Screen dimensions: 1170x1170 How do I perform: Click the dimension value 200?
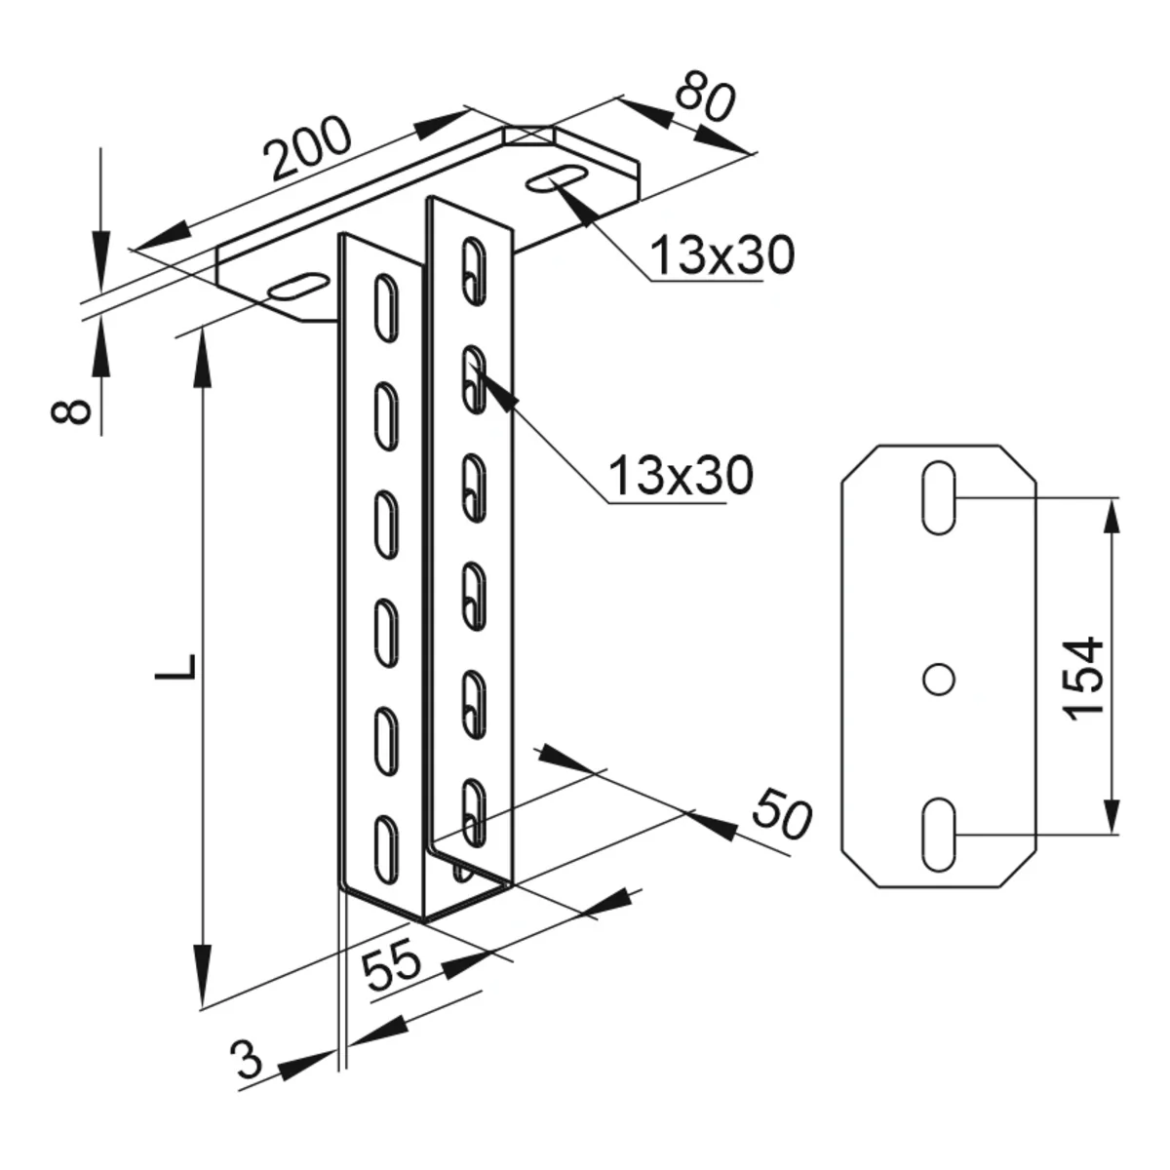309,149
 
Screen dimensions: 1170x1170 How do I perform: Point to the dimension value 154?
1084,678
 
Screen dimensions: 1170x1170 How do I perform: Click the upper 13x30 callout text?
721,256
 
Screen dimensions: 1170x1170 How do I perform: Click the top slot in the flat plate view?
938,497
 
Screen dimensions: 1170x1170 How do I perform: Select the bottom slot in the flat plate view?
938,834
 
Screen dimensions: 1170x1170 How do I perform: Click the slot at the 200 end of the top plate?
295,285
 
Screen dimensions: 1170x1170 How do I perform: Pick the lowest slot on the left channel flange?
386,844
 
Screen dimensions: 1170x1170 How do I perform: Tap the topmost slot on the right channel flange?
474,264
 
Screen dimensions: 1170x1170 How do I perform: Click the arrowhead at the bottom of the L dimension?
204,986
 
